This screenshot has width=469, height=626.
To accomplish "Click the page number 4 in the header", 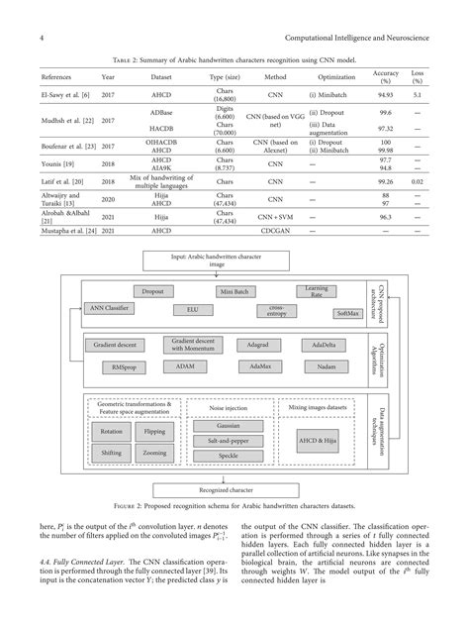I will (41, 38).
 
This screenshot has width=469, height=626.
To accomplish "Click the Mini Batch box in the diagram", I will (235, 292).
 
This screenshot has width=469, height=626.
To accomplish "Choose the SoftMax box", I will (348, 312).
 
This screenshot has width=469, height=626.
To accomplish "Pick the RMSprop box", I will (115, 365).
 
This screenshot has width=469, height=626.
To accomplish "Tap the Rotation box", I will (111, 431).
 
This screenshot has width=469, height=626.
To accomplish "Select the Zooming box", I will (154, 452).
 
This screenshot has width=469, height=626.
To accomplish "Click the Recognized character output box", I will (227, 489).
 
